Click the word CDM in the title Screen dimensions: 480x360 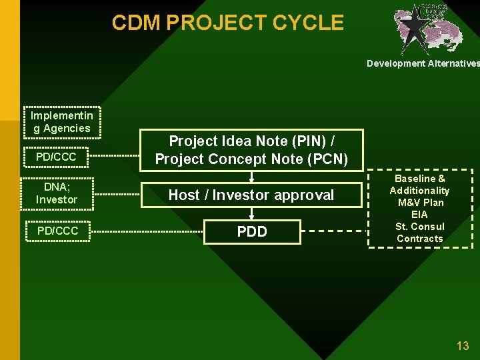137,23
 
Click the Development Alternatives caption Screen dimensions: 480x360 423,63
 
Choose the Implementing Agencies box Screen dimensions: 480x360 61,122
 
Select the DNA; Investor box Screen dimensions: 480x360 57,193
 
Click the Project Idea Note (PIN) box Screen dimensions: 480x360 251,150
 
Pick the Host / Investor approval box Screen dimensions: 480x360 251,195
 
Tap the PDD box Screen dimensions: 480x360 252,231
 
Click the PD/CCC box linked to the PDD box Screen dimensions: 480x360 57,231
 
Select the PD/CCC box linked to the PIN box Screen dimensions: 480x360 56,157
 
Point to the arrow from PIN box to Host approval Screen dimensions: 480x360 252,177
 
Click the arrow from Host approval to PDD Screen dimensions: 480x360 252,213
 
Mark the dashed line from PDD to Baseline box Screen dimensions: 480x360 333,231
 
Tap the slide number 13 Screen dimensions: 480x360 462,346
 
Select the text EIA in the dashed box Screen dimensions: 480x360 419,215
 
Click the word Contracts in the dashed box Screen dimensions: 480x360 419,239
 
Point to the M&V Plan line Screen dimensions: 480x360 419,203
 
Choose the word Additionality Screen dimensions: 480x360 419,191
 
